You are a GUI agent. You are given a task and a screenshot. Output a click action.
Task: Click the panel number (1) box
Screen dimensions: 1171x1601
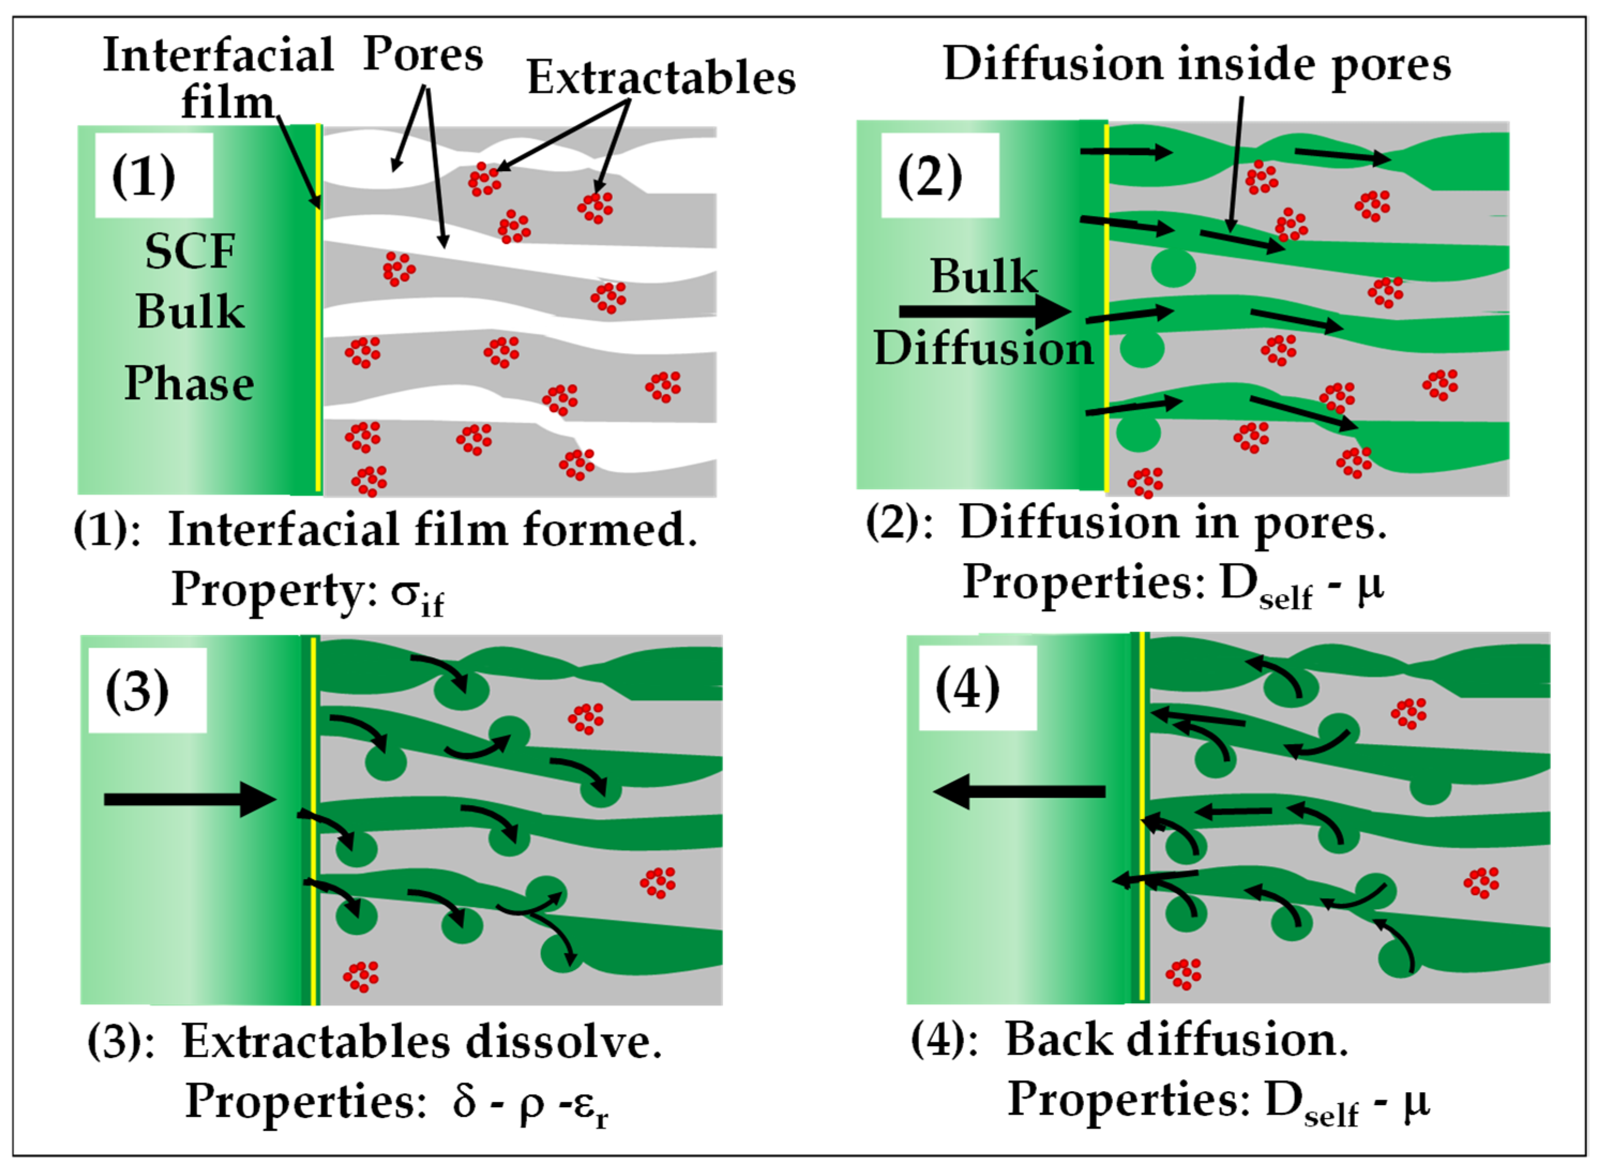pyautogui.click(x=154, y=175)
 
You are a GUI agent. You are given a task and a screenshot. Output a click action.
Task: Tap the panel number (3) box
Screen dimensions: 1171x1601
pyautogui.click(x=147, y=689)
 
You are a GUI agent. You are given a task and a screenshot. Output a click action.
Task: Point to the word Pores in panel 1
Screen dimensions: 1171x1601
pyautogui.click(x=422, y=55)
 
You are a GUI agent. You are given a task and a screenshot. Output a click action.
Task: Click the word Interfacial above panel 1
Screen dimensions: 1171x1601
pyautogui.click(x=217, y=55)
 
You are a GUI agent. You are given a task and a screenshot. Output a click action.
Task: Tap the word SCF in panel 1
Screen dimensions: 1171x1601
pyautogui.click(x=190, y=251)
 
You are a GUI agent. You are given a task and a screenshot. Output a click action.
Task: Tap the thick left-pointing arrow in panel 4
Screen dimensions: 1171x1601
pyautogui.click(x=1019, y=791)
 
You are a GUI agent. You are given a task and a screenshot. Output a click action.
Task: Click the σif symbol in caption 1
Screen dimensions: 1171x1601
pyautogui.click(x=417, y=594)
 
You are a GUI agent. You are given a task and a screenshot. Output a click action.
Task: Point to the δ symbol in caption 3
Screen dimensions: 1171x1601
pyautogui.click(x=464, y=1100)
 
